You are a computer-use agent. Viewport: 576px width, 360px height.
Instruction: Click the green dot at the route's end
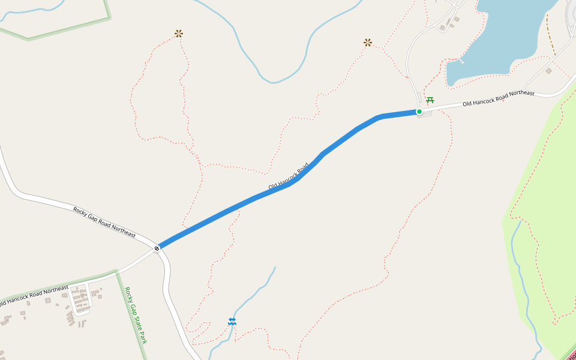click(x=419, y=112)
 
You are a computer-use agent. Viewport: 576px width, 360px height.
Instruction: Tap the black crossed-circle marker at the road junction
click(x=157, y=248)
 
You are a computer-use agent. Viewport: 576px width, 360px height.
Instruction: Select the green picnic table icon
click(x=430, y=100)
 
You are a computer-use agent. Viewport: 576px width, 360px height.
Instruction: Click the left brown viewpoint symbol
click(x=178, y=34)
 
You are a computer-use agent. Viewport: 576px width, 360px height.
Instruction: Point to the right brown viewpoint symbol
click(x=368, y=43)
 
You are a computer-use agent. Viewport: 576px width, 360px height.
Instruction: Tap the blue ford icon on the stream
click(x=232, y=322)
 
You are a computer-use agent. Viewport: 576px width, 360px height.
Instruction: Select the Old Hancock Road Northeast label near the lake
click(x=498, y=98)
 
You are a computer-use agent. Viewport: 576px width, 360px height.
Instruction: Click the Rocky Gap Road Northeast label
click(x=104, y=221)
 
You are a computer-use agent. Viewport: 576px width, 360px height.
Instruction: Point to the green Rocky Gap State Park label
click(x=136, y=315)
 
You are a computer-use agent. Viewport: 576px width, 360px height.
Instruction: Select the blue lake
click(x=504, y=36)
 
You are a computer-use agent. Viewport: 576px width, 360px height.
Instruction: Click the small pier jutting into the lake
click(x=463, y=61)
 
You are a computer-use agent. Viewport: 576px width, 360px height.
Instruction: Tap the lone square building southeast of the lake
click(x=548, y=71)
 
